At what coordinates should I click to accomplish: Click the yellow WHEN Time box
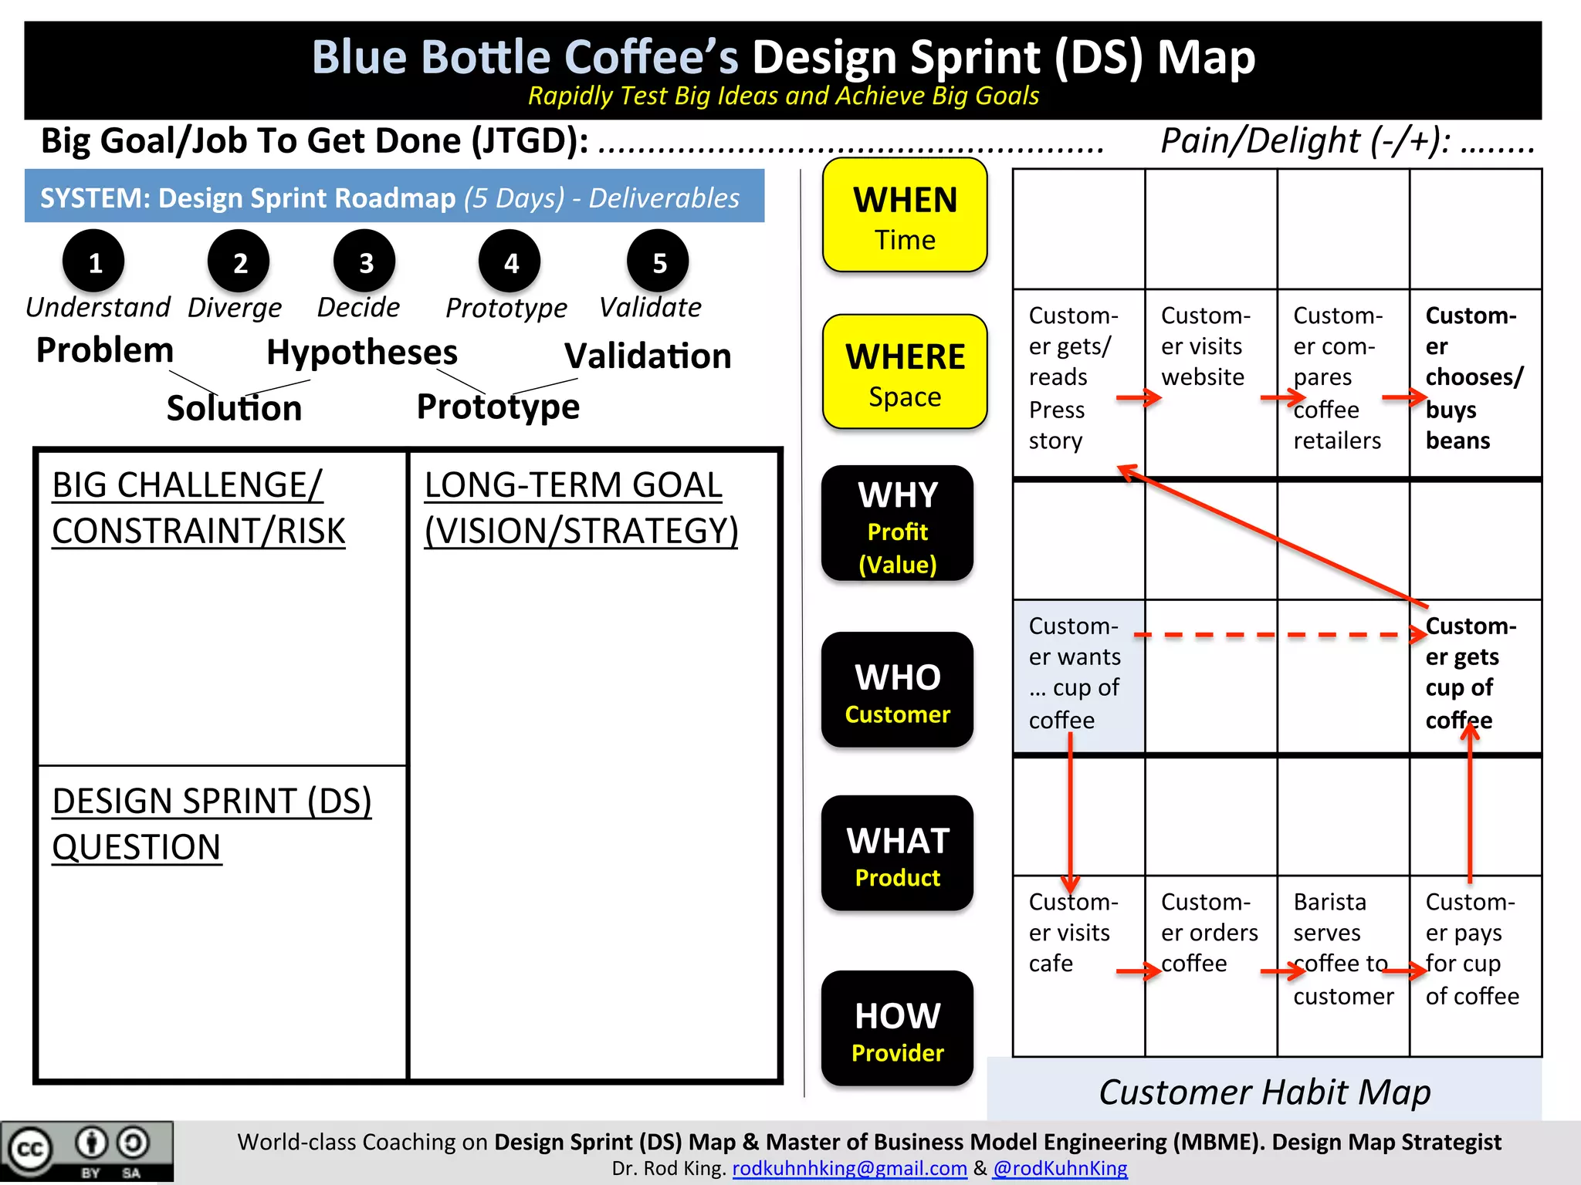coord(905,216)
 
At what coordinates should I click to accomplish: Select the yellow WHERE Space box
coord(905,373)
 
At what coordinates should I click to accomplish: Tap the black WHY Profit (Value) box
coord(897,525)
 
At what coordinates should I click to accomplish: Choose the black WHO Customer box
coord(897,690)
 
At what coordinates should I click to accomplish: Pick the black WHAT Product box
coord(897,854)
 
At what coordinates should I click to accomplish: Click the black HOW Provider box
coord(897,1029)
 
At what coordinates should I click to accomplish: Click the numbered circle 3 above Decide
coord(365,262)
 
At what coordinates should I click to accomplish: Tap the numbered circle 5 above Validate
coord(658,262)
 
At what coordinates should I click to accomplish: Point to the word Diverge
coord(235,308)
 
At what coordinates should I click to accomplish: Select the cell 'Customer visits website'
coord(1210,347)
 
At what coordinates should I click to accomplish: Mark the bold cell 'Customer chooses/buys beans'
coord(1473,378)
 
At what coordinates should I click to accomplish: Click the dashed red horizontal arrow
coord(1274,635)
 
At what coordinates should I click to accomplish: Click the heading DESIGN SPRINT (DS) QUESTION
coord(212,824)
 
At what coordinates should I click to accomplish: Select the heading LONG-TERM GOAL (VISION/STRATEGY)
coord(581,508)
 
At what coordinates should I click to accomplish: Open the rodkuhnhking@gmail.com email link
coord(849,1169)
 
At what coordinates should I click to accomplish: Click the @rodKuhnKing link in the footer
coord(1060,1169)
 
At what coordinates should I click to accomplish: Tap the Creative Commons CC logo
coord(29,1150)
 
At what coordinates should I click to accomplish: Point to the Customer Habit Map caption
coord(1264,1092)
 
